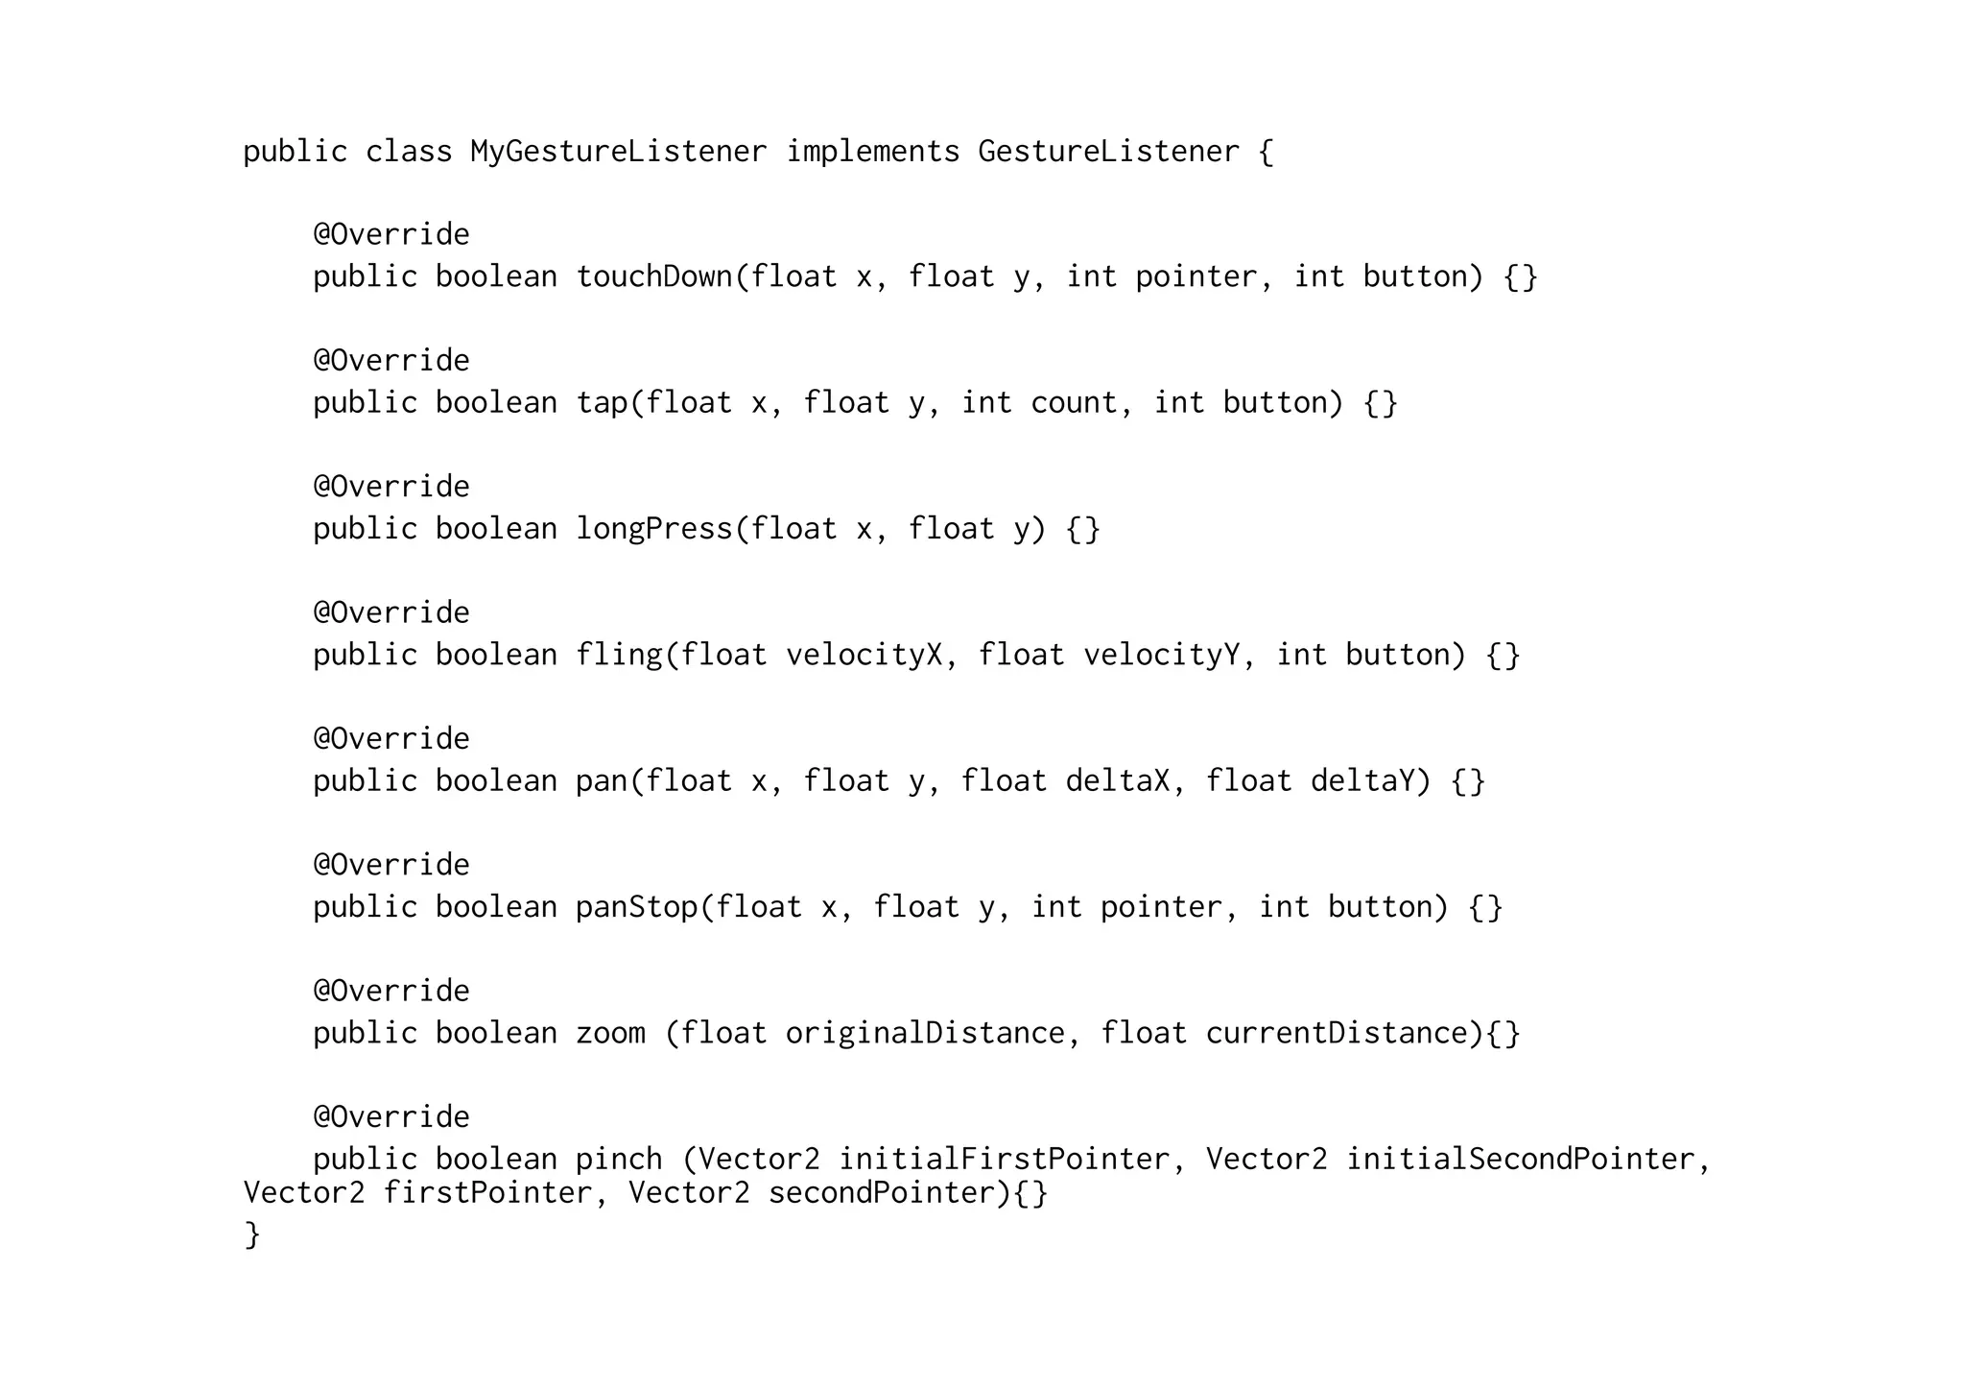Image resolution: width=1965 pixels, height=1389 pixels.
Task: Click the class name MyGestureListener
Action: click(x=618, y=152)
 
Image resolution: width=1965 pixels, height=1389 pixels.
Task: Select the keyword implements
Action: click(x=872, y=152)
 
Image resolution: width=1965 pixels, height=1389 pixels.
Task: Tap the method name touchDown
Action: click(x=654, y=277)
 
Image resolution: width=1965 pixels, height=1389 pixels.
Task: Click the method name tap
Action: click(x=602, y=403)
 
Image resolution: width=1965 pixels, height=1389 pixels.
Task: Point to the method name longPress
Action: click(x=654, y=529)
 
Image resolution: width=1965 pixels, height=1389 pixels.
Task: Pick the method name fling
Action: click(x=619, y=656)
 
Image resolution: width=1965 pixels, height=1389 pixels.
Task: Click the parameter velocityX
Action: click(x=864, y=656)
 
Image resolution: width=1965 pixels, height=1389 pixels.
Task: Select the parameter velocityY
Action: click(x=1161, y=656)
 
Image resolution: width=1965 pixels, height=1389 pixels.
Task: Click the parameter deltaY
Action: click(x=1362, y=781)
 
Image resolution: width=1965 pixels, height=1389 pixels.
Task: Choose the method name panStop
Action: click(x=636, y=907)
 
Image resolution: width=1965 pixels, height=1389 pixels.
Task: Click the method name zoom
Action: click(x=610, y=1034)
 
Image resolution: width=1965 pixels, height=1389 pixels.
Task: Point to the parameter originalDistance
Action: click(x=925, y=1034)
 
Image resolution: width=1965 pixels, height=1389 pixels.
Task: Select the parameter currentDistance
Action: click(x=1337, y=1034)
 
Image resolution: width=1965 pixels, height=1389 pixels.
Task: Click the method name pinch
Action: click(x=619, y=1160)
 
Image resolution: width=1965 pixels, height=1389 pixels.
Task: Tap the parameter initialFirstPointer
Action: click(x=1004, y=1160)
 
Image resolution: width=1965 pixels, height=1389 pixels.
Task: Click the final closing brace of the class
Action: click(x=252, y=1234)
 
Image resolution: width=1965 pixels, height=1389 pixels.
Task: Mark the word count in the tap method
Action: click(x=1074, y=403)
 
